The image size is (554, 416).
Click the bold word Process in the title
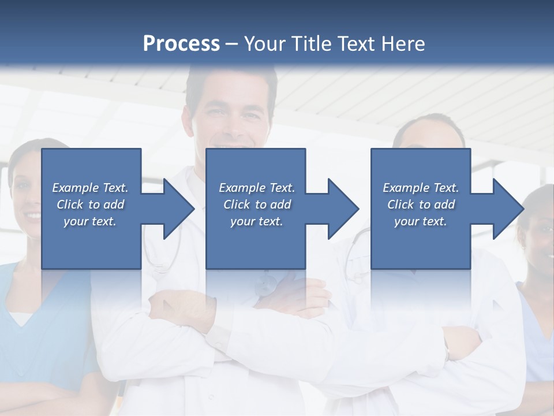[x=181, y=43]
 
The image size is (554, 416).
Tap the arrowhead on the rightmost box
[x=503, y=209]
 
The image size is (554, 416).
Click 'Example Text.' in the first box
[x=90, y=188]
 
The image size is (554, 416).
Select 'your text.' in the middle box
[x=256, y=221]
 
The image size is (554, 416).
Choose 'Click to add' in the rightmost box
[x=421, y=205]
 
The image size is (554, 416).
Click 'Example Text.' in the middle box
[x=256, y=188]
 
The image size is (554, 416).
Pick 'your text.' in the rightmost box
[x=421, y=221]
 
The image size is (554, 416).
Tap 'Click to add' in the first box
[x=90, y=205]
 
